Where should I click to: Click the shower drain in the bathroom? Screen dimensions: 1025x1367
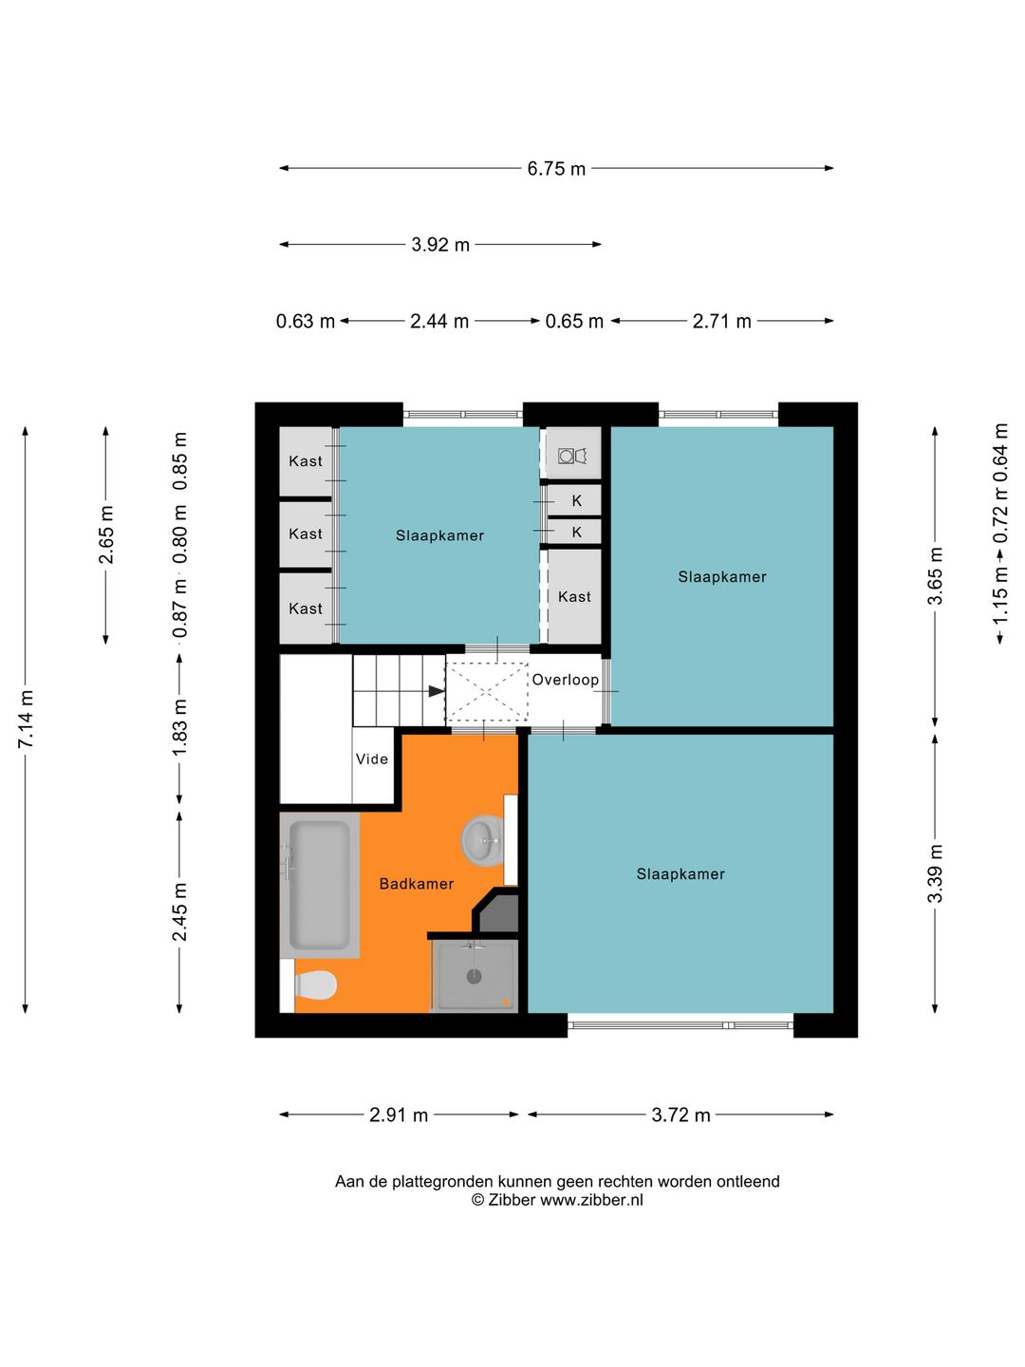pos(475,976)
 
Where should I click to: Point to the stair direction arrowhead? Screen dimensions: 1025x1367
pos(437,691)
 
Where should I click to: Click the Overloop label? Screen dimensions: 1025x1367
pos(565,680)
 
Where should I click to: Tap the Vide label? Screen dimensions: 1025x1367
pos(371,758)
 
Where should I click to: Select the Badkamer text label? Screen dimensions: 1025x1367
pos(417,883)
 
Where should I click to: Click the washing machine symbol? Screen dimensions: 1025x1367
pos(573,456)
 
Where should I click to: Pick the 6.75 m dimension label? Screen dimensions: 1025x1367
pos(556,169)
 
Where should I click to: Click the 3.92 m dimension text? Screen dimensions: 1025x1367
pos(440,245)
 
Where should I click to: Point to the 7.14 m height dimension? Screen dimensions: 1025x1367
pos(26,720)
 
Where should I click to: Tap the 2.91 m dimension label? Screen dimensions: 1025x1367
pos(399,1114)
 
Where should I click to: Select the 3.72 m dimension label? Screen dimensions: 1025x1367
pos(680,1114)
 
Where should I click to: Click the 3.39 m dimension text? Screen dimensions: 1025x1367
pos(935,872)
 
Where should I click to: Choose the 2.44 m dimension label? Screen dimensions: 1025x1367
pos(439,322)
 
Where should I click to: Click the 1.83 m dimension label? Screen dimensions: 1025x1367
pos(180,727)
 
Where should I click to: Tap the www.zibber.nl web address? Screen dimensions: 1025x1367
pos(591,1200)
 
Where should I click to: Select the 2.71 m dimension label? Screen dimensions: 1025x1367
pos(722,322)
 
